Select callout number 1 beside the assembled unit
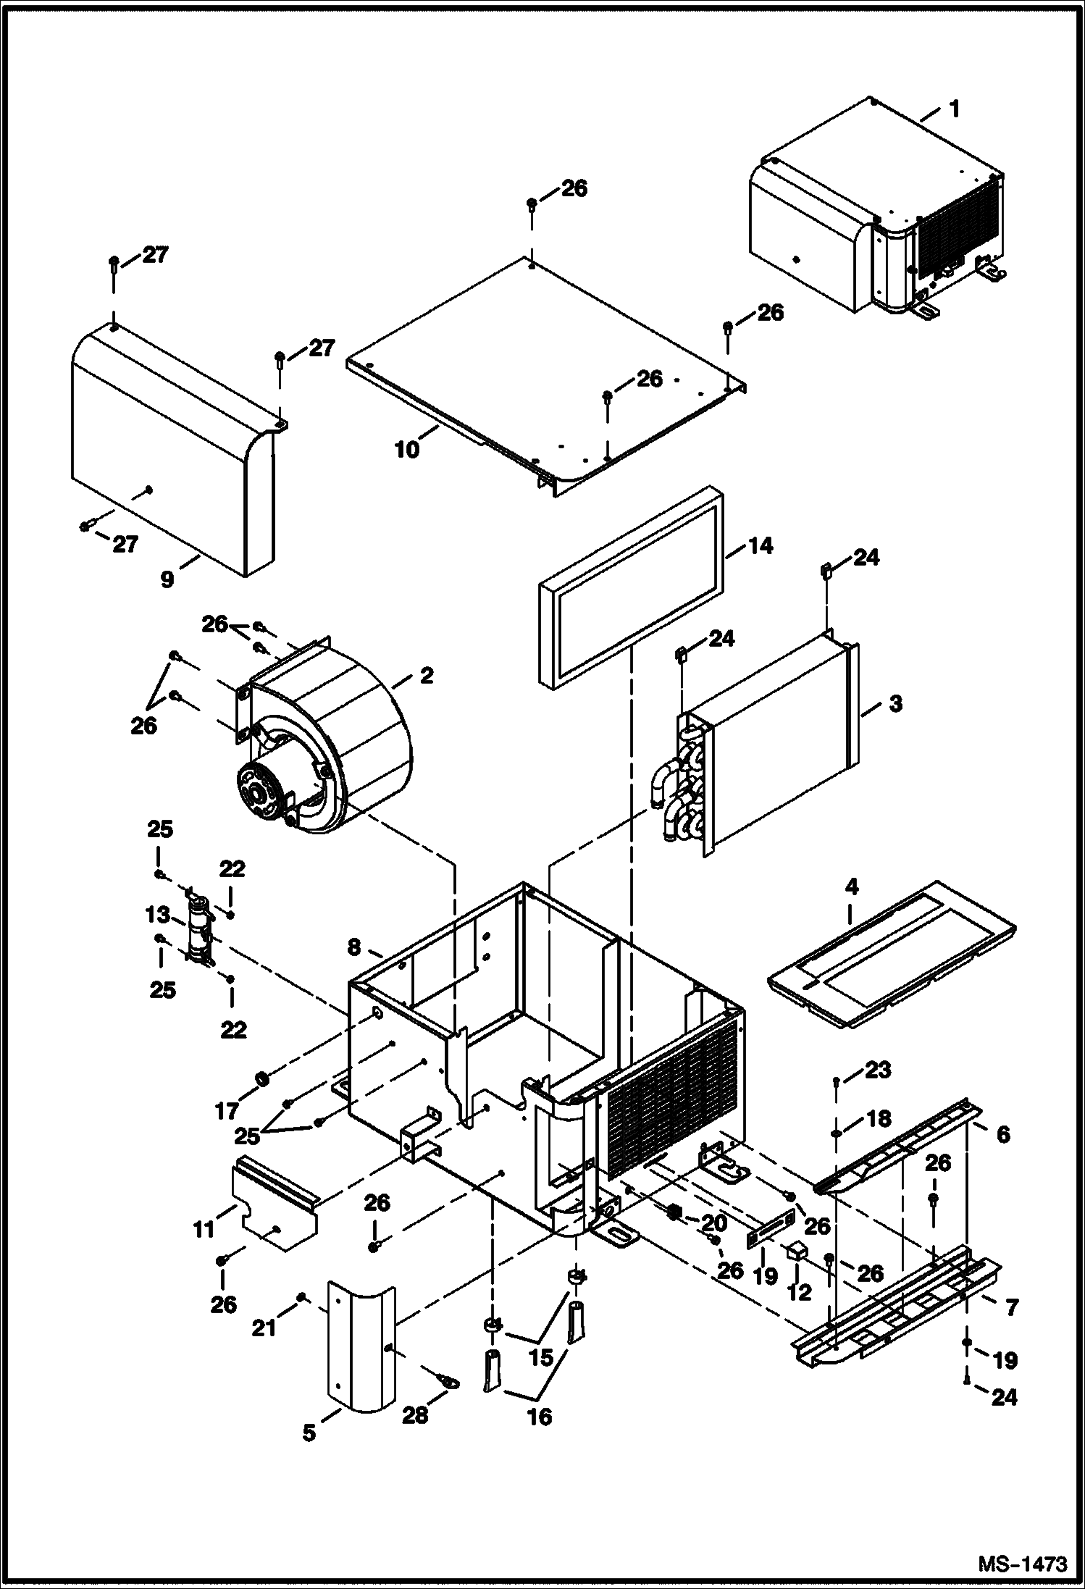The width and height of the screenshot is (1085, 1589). click(954, 109)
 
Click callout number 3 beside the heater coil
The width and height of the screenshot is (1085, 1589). click(895, 703)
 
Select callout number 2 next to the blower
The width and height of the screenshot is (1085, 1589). click(427, 676)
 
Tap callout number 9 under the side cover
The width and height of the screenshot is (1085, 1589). click(167, 579)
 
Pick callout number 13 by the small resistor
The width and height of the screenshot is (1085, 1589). click(156, 915)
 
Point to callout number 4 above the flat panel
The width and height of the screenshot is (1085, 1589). click(851, 886)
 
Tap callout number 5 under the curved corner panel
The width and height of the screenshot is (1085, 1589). click(309, 1433)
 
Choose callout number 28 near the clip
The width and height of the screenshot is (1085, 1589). click(416, 1415)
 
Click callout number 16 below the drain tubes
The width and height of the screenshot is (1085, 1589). click(540, 1416)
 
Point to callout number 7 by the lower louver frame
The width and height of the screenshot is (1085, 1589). click(1011, 1307)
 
